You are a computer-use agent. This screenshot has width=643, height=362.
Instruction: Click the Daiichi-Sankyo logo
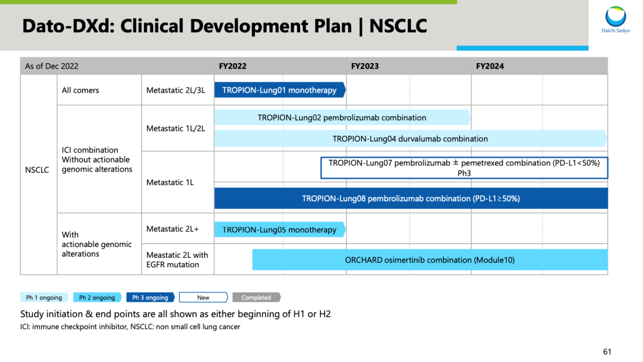(x=616, y=19)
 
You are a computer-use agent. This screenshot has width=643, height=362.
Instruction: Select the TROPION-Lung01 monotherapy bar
(x=280, y=90)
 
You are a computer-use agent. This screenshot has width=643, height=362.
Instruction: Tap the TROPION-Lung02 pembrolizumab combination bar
(x=342, y=118)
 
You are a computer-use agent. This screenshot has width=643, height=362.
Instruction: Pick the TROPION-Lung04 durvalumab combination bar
(x=410, y=139)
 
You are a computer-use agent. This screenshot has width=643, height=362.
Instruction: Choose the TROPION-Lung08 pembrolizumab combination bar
(x=411, y=198)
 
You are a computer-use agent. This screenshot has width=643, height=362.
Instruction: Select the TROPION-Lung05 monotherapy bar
(x=280, y=230)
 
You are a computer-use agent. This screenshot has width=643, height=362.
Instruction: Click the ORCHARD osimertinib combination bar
(x=430, y=260)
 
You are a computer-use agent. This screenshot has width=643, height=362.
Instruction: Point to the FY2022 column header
(x=233, y=67)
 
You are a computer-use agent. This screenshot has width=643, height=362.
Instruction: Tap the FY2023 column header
(x=365, y=67)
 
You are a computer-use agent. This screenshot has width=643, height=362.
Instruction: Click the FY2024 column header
(x=490, y=67)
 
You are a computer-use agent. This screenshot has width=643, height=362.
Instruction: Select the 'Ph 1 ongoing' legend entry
(x=44, y=298)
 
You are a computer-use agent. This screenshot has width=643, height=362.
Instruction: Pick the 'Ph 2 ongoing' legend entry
(x=97, y=298)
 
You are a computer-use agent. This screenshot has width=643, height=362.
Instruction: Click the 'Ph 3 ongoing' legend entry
(x=151, y=298)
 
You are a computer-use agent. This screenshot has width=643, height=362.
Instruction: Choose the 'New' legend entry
(x=204, y=298)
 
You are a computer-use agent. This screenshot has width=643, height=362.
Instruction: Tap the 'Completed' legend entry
(x=256, y=298)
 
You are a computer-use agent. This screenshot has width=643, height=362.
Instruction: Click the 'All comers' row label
(x=80, y=90)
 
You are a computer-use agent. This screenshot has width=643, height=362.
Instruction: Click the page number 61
(x=607, y=352)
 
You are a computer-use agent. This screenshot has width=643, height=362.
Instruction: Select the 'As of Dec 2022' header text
(x=52, y=67)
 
